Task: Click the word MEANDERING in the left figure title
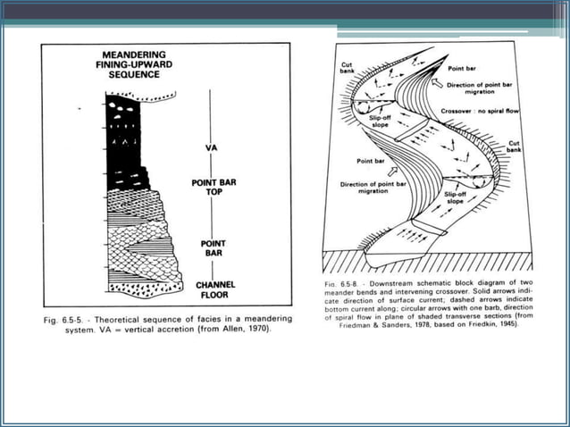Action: click(x=130, y=54)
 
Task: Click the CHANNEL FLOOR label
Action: click(x=215, y=289)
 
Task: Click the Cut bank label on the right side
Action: click(x=516, y=147)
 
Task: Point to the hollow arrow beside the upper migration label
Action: click(x=436, y=83)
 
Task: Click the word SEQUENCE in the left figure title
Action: click(x=130, y=75)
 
